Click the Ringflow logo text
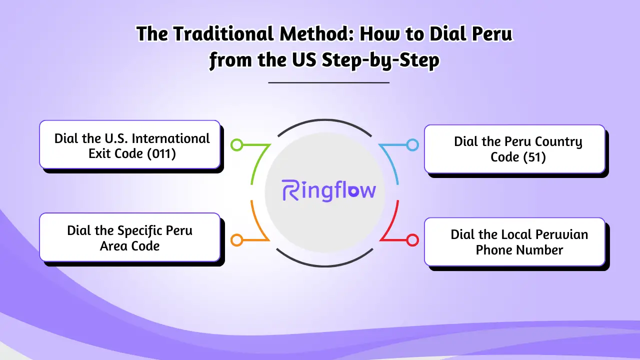point(328,191)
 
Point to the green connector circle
point(237,145)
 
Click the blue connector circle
point(412,145)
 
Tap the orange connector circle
point(237,240)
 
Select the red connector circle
point(412,240)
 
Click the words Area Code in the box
point(129,246)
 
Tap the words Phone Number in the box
point(519,250)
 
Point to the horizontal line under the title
point(328,82)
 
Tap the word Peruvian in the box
point(561,234)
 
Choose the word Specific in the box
point(140,230)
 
